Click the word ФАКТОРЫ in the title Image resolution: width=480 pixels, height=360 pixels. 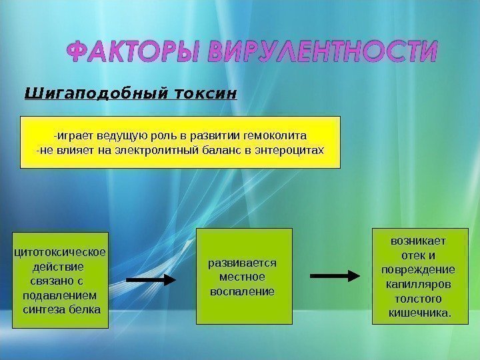click(134, 51)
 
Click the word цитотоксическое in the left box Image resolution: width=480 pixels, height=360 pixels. click(61, 251)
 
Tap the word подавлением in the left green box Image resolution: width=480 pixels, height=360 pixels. click(59, 295)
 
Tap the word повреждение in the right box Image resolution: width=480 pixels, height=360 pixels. click(418, 269)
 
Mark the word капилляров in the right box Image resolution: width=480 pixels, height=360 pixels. click(418, 284)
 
